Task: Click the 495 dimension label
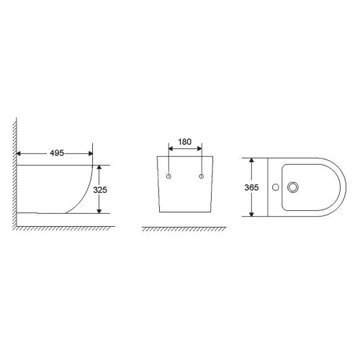click(57, 153)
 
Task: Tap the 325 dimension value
click(100, 190)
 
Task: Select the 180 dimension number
click(185, 142)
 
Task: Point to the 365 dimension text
click(251, 187)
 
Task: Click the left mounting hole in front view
click(168, 176)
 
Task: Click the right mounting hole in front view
click(202, 176)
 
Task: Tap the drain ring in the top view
click(293, 187)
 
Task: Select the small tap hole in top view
click(276, 187)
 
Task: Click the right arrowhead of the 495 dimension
click(91, 153)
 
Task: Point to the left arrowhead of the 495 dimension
click(19, 153)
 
